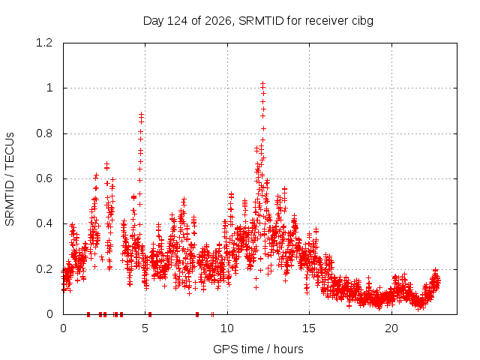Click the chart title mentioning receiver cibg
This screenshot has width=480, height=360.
(258, 21)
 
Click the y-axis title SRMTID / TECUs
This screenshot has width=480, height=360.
(10, 179)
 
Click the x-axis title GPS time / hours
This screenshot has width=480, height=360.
(258, 349)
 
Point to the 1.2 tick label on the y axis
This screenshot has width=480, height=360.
(44, 43)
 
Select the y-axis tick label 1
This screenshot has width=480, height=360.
(49, 88)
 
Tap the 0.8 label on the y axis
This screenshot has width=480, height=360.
(44, 133)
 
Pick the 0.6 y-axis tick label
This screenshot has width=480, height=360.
(44, 178)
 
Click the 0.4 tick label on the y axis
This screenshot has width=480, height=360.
(44, 223)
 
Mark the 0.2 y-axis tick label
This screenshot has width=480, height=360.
(44, 269)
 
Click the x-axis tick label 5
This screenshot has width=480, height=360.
(145, 328)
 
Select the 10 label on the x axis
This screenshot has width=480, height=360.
(227, 328)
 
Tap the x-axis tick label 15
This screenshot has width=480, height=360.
(309, 328)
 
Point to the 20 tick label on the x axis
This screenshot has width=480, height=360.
(391, 328)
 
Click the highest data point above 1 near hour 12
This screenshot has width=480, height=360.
(262, 83)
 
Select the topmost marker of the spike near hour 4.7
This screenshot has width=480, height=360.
(141, 114)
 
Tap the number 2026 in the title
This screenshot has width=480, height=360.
(217, 21)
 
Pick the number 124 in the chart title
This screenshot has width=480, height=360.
(178, 21)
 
